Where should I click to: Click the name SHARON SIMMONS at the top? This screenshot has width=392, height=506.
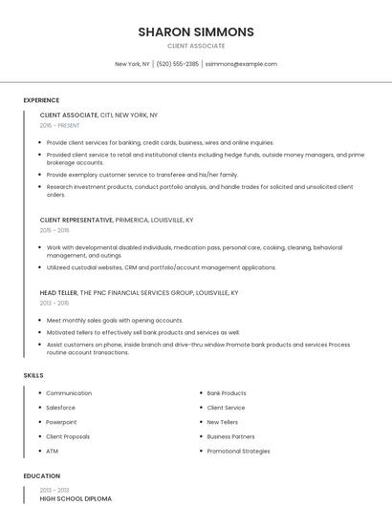coord(196,32)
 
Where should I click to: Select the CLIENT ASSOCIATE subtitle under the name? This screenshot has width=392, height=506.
coord(196,46)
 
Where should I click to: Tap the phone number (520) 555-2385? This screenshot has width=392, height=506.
coord(178,64)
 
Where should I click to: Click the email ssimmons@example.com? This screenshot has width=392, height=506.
coord(241,64)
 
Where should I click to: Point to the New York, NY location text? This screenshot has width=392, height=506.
coord(132,64)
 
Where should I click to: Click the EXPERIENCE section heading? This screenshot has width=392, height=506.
coord(41,100)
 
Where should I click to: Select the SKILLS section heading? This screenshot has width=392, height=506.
coord(33,375)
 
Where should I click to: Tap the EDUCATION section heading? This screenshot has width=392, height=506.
coord(41,475)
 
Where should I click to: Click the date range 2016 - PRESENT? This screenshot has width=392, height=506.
coord(60,125)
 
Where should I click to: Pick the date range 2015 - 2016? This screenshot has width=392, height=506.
coord(54,230)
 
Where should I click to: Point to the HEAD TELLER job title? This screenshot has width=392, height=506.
coord(58,293)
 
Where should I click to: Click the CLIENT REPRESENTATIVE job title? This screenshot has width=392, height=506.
coord(76,220)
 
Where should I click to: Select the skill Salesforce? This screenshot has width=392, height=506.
coord(60,408)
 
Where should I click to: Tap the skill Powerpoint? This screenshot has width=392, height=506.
coord(61,422)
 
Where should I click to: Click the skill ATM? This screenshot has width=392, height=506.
coord(52,451)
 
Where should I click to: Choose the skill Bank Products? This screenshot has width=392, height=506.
coord(227,393)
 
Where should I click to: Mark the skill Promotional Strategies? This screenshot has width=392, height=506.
coord(238,451)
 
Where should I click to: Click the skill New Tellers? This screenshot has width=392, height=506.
coord(223,422)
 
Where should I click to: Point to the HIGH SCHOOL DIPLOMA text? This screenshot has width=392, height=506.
coord(76,498)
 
